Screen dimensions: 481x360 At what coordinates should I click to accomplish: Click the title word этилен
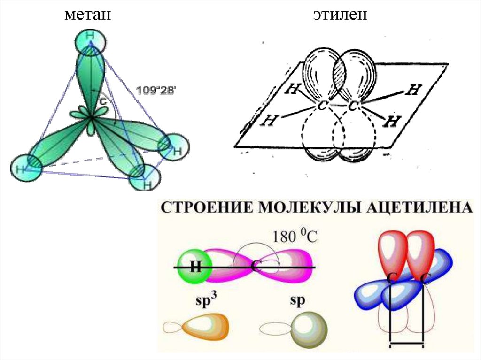pos(341,15)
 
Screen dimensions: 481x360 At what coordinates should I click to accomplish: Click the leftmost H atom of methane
pos(20,169)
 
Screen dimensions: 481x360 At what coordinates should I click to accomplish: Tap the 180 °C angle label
pos(293,236)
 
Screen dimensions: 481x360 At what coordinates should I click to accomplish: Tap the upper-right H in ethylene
pos(413,90)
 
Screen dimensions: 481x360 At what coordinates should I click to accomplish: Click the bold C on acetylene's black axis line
pos(256,267)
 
